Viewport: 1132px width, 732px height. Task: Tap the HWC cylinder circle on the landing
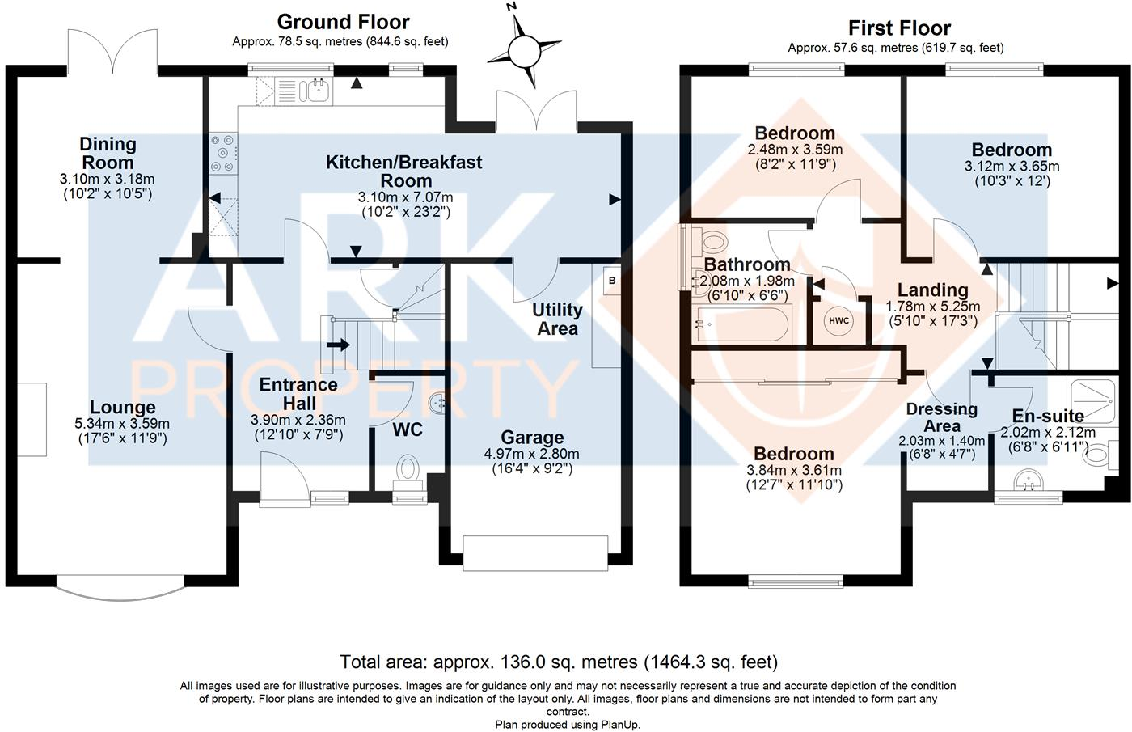pos(839,321)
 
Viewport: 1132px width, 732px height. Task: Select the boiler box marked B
pos(611,281)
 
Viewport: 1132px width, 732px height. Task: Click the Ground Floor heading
pos(343,22)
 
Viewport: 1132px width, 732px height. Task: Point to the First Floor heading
pos(899,28)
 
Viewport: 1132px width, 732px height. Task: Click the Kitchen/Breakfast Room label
pos(403,171)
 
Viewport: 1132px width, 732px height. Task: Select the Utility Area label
pos(557,319)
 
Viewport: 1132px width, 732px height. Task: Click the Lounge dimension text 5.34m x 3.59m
pos(122,423)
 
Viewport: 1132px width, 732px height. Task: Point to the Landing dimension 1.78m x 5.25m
pos(932,307)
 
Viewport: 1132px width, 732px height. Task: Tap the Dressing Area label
pos(942,417)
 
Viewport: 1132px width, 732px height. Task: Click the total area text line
pos(559,662)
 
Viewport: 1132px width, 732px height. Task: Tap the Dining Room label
pos(108,153)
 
